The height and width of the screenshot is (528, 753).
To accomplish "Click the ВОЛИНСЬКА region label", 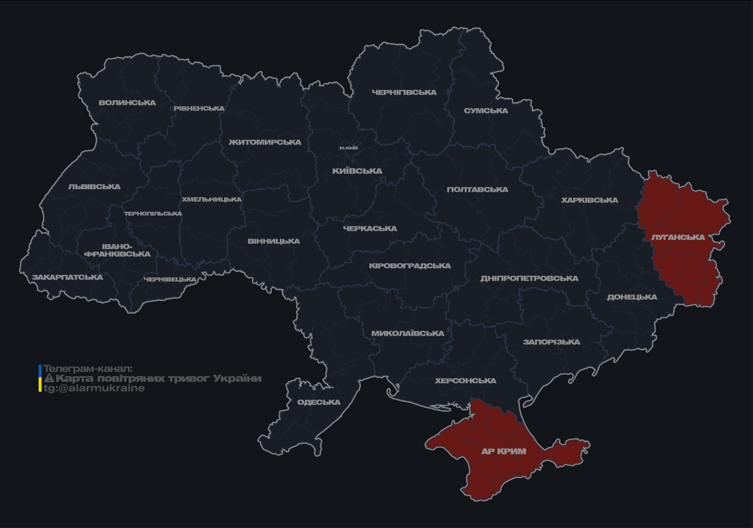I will click(127, 103).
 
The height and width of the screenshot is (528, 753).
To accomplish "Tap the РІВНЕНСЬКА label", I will click(199, 109).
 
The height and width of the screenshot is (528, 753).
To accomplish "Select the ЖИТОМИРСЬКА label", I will click(265, 142).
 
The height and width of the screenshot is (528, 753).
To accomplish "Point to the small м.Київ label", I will click(348, 148).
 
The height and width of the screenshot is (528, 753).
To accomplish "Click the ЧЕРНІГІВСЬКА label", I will click(404, 92).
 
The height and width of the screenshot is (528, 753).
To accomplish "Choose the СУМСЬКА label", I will click(486, 111).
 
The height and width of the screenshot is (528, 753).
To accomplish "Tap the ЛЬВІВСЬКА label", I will click(94, 186).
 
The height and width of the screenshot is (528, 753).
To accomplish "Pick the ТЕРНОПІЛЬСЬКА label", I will click(153, 214).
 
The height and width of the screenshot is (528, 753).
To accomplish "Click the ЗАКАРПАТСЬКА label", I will click(67, 278).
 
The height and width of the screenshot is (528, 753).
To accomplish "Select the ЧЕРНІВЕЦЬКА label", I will click(170, 280).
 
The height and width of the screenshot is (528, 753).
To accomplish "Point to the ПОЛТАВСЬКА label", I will click(478, 190).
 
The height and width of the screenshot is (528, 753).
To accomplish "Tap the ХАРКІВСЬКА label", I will click(590, 200).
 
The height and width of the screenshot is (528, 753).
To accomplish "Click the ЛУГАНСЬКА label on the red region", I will click(678, 237).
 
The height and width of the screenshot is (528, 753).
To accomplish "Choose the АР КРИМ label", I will click(503, 452).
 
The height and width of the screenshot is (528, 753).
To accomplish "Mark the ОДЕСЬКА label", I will click(319, 402).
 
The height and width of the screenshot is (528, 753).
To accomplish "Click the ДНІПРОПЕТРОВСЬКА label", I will click(529, 278).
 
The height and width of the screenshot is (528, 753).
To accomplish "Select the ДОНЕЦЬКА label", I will click(632, 297).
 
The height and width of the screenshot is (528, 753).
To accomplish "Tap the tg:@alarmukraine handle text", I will click(94, 388).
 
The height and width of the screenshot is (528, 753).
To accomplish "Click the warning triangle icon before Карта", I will click(49, 378).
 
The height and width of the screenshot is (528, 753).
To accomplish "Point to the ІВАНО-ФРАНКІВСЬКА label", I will click(117, 250).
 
